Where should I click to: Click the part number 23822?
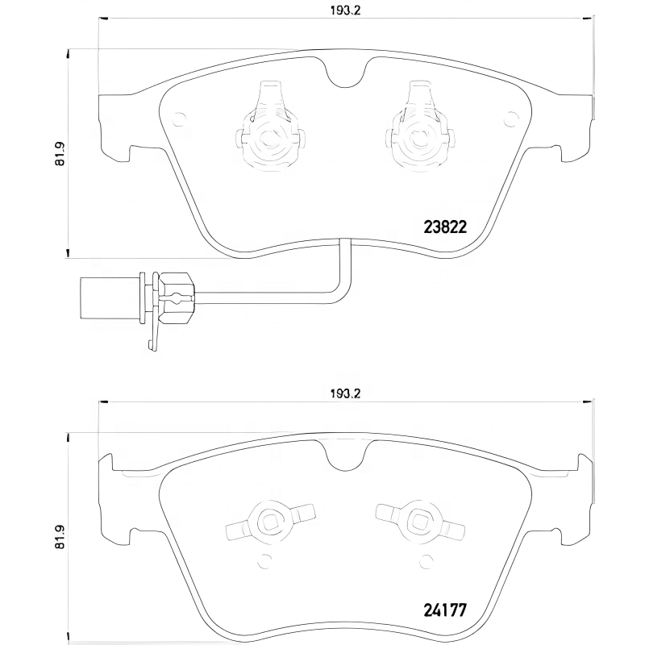(445, 227)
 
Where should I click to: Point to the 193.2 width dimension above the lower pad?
(345, 394)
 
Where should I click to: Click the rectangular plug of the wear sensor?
(109, 290)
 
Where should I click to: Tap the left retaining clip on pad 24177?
(268, 522)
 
